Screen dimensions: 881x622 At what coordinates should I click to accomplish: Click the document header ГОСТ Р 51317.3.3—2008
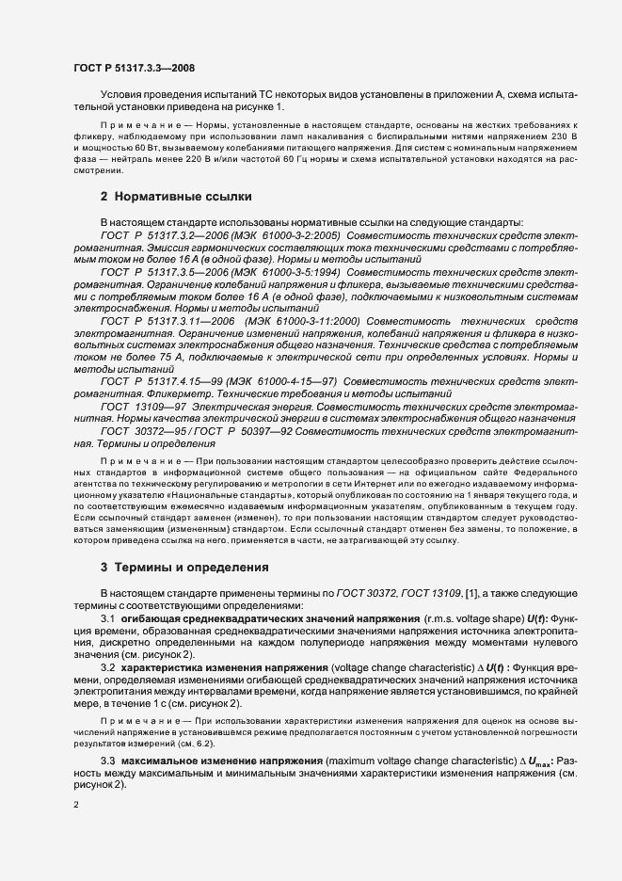(134, 68)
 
